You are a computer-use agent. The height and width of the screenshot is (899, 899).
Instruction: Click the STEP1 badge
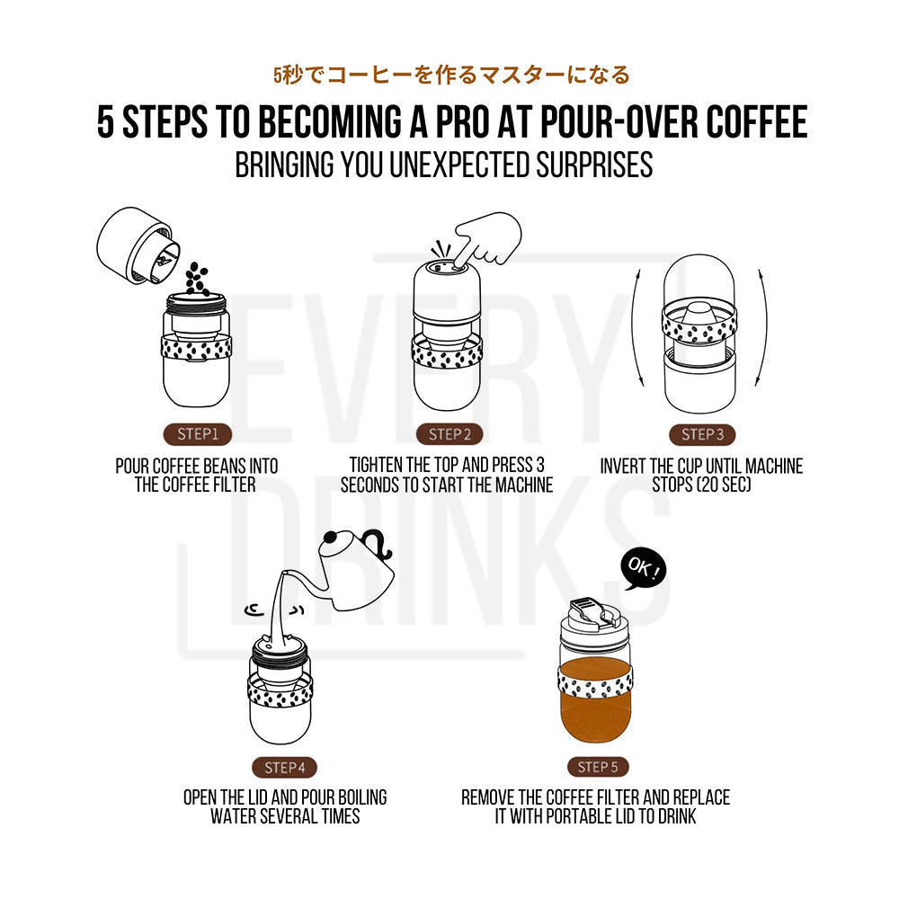tap(198, 435)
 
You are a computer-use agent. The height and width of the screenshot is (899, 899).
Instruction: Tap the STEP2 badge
tap(449, 435)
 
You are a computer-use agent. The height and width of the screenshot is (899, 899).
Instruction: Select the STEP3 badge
tap(701, 435)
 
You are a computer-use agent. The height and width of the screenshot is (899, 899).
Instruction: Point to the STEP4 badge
tap(285, 768)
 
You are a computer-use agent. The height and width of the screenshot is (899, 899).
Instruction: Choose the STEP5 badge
tap(598, 768)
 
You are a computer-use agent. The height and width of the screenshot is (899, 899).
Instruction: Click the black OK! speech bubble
tap(645, 570)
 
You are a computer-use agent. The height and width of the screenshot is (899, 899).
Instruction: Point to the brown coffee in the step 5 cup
tap(595, 719)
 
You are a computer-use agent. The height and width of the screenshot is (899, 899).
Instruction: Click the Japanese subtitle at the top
tap(451, 76)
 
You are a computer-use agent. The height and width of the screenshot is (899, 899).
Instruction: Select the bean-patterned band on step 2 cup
tap(449, 351)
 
